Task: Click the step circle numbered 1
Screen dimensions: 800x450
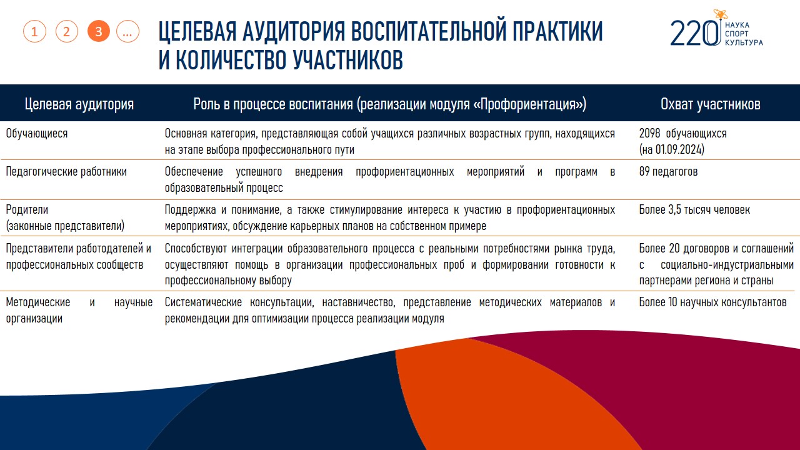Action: tap(34, 31)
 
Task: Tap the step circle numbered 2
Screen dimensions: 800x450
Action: tap(67, 31)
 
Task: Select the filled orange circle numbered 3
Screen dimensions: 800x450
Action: tap(99, 31)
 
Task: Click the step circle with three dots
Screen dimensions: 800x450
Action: tap(127, 31)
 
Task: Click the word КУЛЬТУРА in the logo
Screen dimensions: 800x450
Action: tap(744, 42)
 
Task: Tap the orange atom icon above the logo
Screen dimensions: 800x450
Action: tap(721, 14)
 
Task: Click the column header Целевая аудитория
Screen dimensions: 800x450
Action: tap(79, 104)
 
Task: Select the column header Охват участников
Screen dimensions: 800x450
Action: tap(711, 104)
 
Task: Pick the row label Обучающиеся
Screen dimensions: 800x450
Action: tap(37, 134)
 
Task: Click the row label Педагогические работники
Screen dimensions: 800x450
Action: tap(66, 172)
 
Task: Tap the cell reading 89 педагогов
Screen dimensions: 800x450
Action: tap(668, 171)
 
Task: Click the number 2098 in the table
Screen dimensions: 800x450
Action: tap(649, 133)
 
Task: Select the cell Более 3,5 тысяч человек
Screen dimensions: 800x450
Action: tap(694, 209)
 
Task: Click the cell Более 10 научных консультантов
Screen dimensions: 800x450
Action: tap(713, 302)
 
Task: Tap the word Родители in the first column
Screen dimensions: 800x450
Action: tap(27, 209)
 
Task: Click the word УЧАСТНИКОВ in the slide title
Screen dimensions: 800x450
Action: tap(348, 59)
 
